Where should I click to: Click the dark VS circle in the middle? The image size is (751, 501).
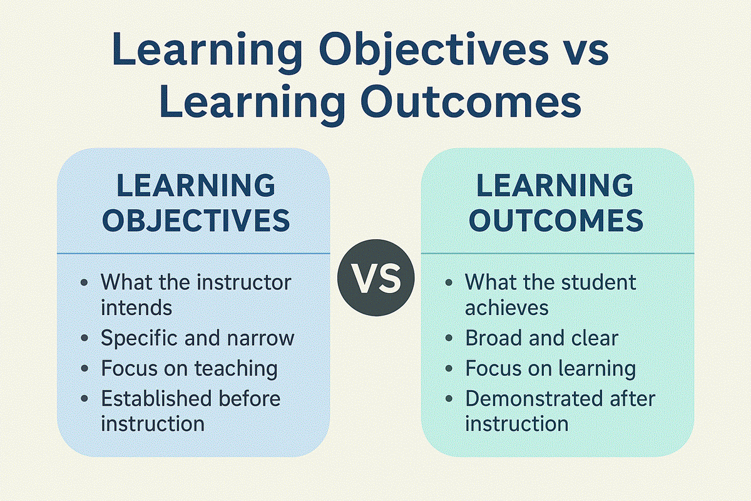(x=376, y=277)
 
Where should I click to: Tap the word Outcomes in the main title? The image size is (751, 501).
(x=471, y=101)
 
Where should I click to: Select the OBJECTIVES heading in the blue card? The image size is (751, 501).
(x=196, y=220)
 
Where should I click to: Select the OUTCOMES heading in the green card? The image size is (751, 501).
(x=556, y=220)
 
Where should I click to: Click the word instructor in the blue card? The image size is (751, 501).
(x=244, y=282)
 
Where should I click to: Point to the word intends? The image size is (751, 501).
(x=136, y=307)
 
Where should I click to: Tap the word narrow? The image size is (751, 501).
(x=260, y=338)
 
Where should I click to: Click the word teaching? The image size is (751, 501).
(x=236, y=368)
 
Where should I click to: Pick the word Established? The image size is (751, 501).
(x=156, y=398)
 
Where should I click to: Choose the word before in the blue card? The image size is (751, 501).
(x=250, y=398)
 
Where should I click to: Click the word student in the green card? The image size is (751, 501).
(x=599, y=282)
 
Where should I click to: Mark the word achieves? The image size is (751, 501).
(x=506, y=307)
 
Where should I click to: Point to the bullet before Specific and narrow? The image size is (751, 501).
(x=84, y=338)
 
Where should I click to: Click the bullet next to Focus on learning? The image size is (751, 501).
(x=449, y=368)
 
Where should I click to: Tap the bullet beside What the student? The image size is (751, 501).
(x=449, y=282)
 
